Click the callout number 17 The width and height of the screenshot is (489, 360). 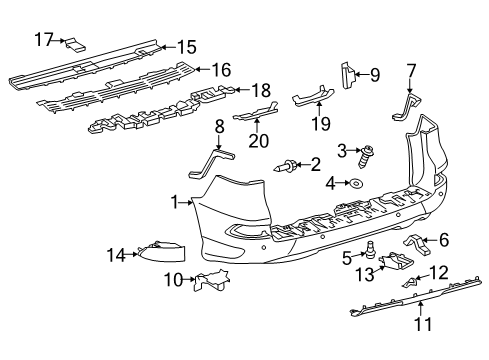coord(42,40)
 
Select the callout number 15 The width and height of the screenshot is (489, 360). coord(188,46)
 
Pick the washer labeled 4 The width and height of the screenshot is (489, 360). coord(354,183)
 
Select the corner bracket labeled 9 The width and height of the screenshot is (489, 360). coord(347,72)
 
